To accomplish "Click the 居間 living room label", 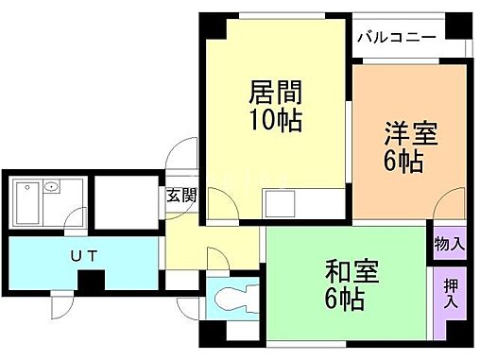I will pyautogui.click(x=275, y=94).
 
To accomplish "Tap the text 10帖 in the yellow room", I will pyautogui.click(x=275, y=122).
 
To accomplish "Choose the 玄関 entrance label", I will pyautogui.click(x=181, y=197).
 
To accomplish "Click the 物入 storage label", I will pyautogui.click(x=450, y=244).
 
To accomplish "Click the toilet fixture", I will pyautogui.click(x=231, y=301).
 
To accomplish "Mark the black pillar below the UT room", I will pyautogui.click(x=90, y=280).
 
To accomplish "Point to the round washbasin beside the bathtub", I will pyautogui.click(x=53, y=188).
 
